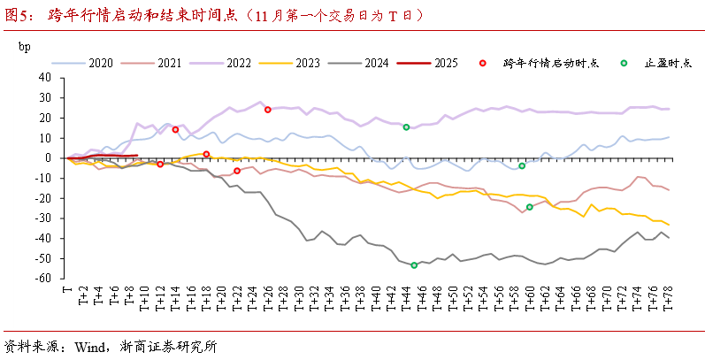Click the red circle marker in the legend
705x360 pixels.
[x=482, y=64]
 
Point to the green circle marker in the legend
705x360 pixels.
[x=625, y=64]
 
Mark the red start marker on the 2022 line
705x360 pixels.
[x=267, y=110]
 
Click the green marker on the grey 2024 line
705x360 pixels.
[x=413, y=264]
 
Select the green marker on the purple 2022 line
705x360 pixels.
[x=406, y=127]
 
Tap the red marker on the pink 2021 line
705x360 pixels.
[x=236, y=171]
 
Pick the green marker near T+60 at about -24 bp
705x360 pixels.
[x=529, y=207]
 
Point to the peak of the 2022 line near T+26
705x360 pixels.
[x=259, y=102]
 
